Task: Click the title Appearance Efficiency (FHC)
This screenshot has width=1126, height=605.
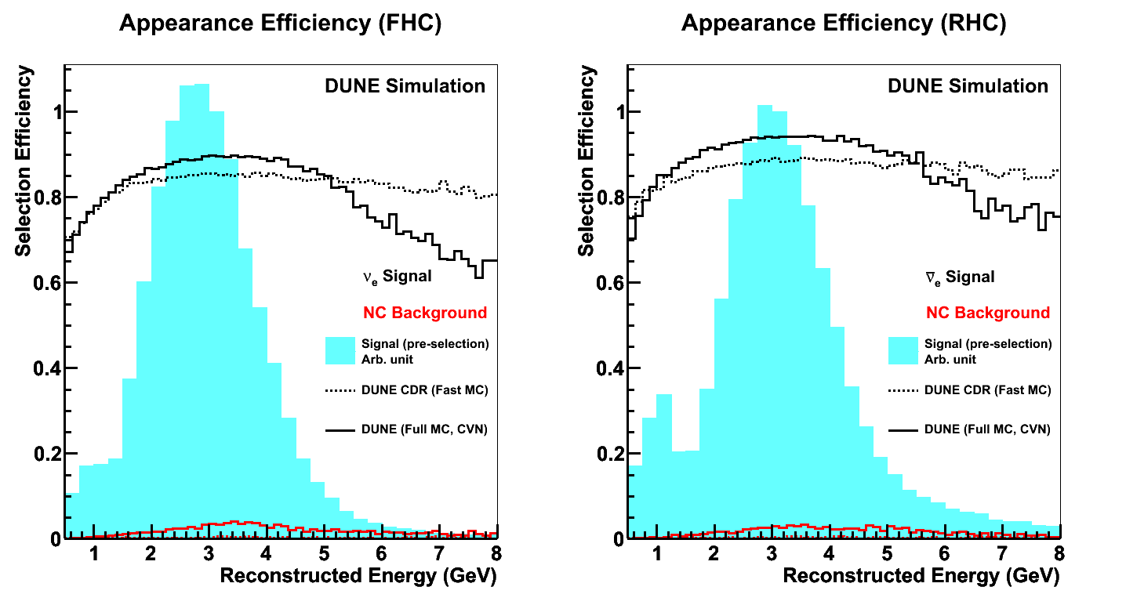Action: tap(280, 24)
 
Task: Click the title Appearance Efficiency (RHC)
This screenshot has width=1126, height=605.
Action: tap(843, 24)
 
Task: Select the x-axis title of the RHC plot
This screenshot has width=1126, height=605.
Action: tap(921, 576)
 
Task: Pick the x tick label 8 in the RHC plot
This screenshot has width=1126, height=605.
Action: tap(1059, 553)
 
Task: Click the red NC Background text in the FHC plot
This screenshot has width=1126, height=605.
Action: tap(425, 313)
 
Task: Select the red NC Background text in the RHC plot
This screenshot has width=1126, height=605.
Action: tap(987, 313)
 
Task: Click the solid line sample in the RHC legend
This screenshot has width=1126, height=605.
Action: tap(903, 429)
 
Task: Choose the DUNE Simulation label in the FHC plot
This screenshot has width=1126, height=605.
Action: tap(405, 86)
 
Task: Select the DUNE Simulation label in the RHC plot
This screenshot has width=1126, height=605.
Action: tap(968, 86)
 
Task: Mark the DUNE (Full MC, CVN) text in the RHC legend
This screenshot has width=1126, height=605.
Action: tap(987, 429)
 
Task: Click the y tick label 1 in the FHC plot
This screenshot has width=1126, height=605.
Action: tap(53, 112)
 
